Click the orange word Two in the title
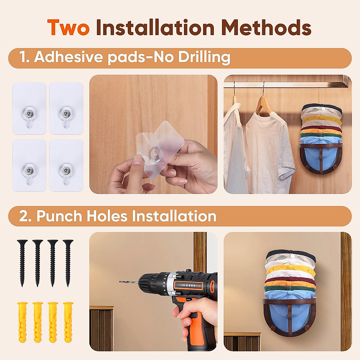68,28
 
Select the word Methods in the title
266,28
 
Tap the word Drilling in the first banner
204,57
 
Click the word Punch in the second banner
59,216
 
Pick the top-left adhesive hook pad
29,108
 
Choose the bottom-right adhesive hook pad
66,165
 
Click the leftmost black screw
22,262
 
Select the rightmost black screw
68,262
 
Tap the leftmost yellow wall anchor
22,322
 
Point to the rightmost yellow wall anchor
68,322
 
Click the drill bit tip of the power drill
121,281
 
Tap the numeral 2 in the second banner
24,216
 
